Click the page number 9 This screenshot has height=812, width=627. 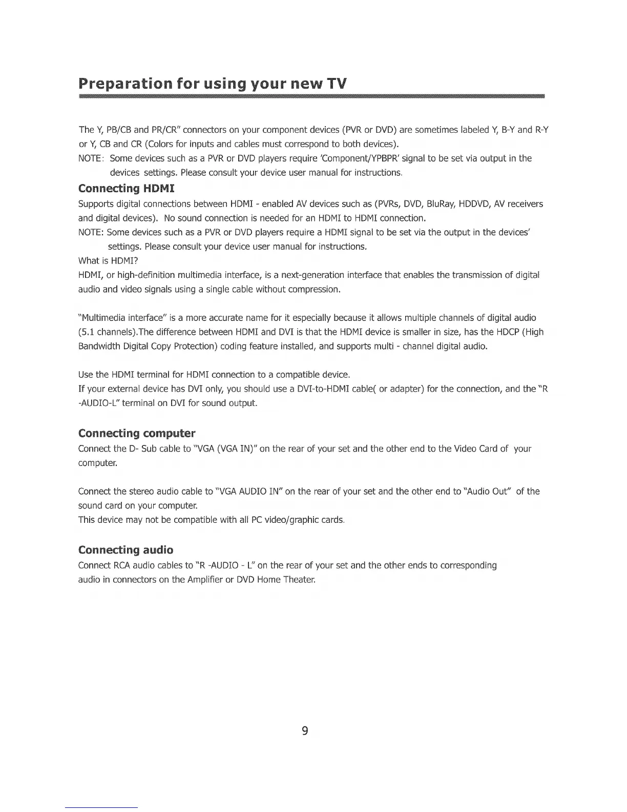(304, 730)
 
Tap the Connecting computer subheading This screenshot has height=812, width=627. (136, 433)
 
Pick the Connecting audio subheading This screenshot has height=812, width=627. (126, 550)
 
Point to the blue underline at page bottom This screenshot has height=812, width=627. (101, 807)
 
